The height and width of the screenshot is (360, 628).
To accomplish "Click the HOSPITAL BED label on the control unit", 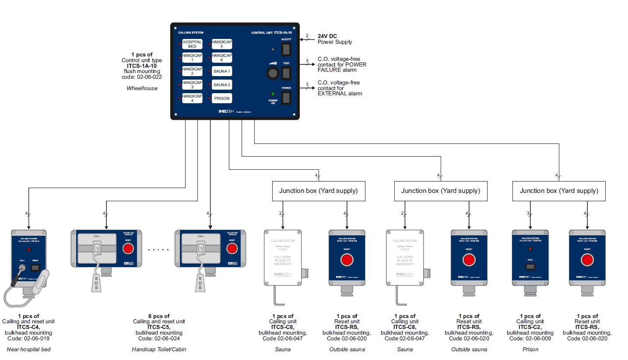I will pos(192,44).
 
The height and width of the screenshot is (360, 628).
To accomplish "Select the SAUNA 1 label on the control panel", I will pos(222,71).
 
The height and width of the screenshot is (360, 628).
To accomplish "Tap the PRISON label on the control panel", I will pos(222,98).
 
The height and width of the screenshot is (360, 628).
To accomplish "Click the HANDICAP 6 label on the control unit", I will pos(222,58).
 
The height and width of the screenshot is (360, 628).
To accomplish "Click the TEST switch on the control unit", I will pos(286,73).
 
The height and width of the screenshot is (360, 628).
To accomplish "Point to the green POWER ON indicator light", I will pos(273,94).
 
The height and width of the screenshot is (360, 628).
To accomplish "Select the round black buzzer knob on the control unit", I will pos(273,73).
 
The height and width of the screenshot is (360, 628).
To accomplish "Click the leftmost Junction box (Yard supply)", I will pos(318,191).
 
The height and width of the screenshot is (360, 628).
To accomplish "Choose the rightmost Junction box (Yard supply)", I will pos(559,191).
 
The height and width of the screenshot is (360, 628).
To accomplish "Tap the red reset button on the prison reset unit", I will pos(587,260).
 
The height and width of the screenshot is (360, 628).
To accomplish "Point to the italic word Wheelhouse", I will pos(141,88).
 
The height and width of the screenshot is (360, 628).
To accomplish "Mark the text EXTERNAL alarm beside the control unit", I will pos(340,94).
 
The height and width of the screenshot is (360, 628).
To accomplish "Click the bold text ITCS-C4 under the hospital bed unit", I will pos(28,327).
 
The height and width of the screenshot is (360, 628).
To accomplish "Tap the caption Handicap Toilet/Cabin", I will pos(159,350).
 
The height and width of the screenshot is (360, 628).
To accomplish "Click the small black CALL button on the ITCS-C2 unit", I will pos(530,266).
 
